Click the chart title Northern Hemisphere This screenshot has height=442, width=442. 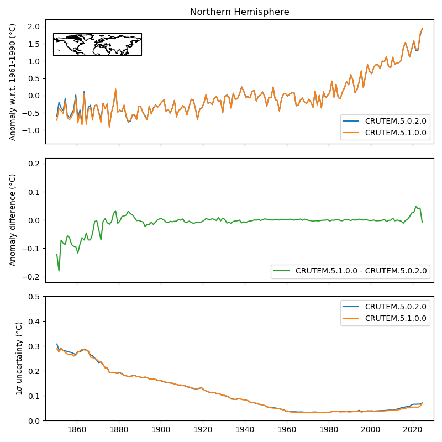click(x=239, y=12)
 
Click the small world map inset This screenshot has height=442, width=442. click(x=97, y=44)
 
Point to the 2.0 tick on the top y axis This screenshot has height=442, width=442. click(x=34, y=27)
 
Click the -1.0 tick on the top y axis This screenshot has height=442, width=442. click(x=32, y=130)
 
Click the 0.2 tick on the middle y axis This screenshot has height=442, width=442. click(x=34, y=164)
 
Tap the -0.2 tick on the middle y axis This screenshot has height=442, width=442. click(x=32, y=277)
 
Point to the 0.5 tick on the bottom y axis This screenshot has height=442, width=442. click(x=34, y=297)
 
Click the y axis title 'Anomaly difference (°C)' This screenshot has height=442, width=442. click(x=13, y=220)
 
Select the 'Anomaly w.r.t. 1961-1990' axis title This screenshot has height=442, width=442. click(x=13, y=82)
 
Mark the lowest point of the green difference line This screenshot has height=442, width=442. click(x=59, y=271)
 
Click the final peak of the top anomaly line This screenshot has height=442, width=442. click(x=422, y=29)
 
